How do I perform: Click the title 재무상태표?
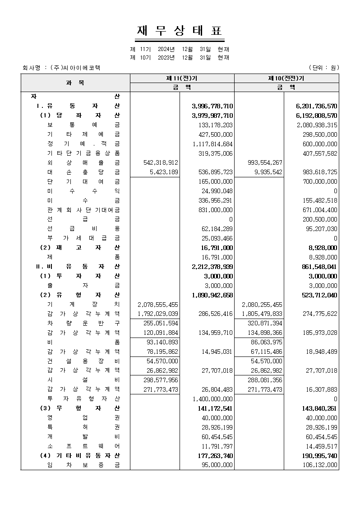(x=180, y=31)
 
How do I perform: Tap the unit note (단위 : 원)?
(x=323, y=68)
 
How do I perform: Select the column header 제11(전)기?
(x=182, y=78)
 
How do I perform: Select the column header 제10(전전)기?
(x=286, y=78)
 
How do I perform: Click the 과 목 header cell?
(x=75, y=83)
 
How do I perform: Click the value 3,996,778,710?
(x=212, y=106)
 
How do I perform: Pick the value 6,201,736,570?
(x=317, y=106)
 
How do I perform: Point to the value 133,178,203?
(x=216, y=125)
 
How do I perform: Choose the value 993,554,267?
(x=265, y=162)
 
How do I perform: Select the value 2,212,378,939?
(x=212, y=267)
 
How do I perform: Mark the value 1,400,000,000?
(x=212, y=399)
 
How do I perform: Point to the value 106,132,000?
(x=318, y=465)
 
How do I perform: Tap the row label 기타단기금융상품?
(x=83, y=153)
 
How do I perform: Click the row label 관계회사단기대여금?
(x=83, y=210)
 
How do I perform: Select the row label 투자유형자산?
(x=83, y=399)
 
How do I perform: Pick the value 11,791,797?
(x=217, y=446)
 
